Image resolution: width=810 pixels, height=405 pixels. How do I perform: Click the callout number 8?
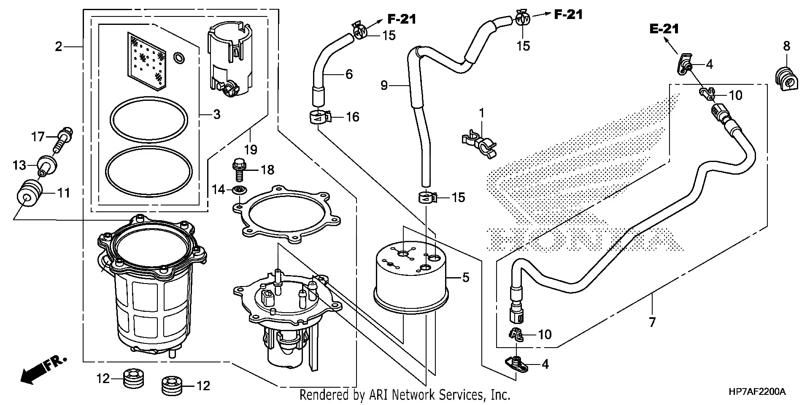pos(786,46)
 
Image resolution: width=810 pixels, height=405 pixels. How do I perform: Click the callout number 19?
pos(251,149)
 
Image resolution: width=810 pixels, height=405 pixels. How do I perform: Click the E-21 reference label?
pos(664,29)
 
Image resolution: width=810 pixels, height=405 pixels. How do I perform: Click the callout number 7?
pos(652,323)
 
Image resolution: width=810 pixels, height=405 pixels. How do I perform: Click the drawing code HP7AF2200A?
pos(757,392)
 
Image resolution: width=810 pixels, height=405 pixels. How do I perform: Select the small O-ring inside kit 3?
pos(179,58)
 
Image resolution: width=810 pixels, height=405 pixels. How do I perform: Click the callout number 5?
pos(465,278)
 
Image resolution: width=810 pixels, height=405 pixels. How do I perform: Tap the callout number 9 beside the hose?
pos(384,86)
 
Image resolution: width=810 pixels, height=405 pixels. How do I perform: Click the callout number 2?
pos(58,46)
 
